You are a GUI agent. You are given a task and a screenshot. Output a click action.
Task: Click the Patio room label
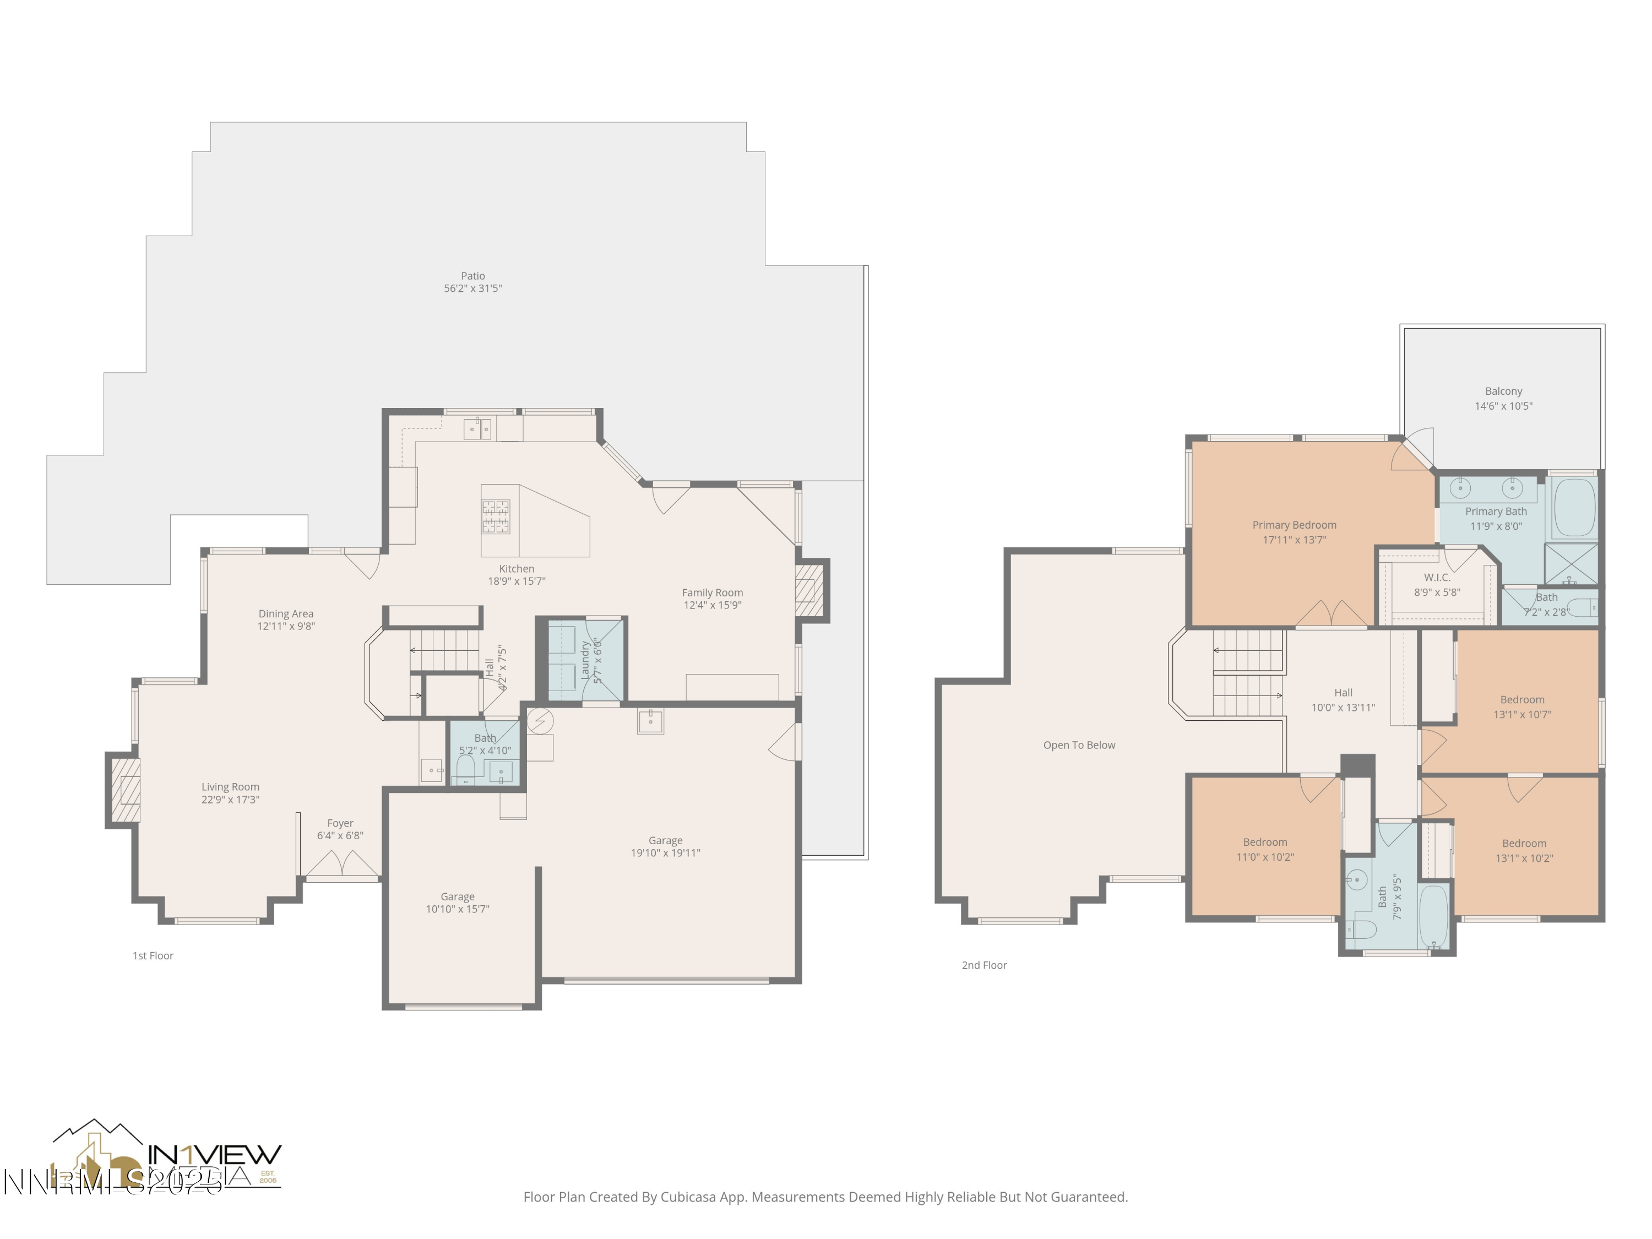pos(472,276)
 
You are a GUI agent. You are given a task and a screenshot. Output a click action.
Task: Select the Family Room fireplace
pos(808,590)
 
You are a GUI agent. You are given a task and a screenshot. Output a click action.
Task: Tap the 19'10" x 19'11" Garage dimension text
pos(665,853)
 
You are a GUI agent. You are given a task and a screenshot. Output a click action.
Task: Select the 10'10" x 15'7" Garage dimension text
pos(457,909)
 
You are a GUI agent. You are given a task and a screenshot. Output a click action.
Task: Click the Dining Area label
pos(286,614)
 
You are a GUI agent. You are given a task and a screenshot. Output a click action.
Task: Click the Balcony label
pos(1503,392)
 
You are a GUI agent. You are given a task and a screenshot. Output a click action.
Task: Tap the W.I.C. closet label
pos(1437,577)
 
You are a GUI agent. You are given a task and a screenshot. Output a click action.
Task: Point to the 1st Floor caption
pos(153,955)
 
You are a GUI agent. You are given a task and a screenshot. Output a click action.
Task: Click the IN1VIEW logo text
pos(215,1155)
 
